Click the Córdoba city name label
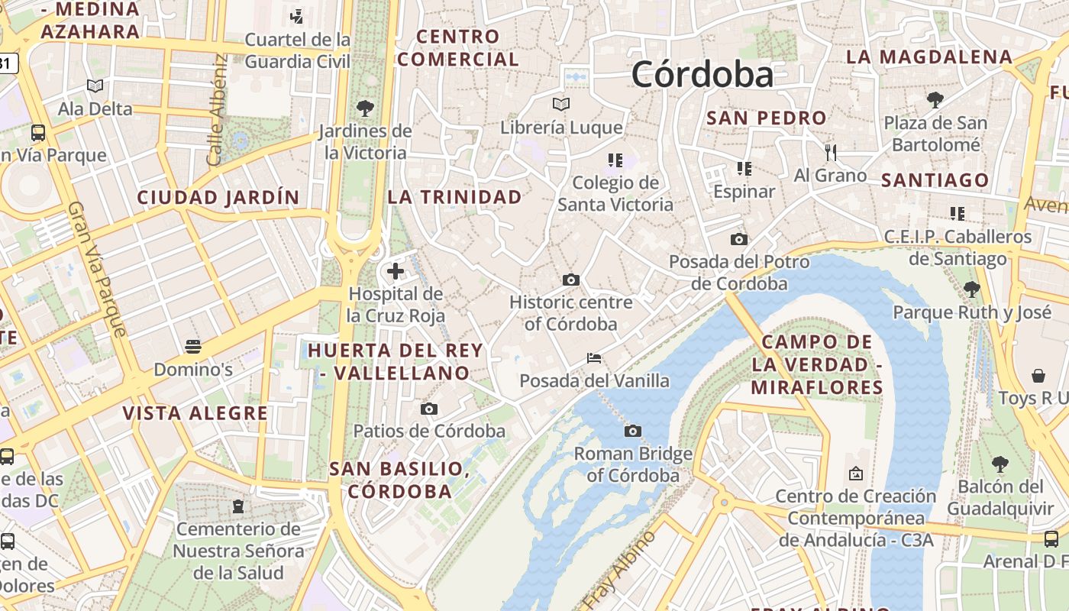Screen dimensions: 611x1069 coord(702,75)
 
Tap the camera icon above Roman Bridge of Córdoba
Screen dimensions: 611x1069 coord(632,432)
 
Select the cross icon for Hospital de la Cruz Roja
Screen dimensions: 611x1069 coord(396,270)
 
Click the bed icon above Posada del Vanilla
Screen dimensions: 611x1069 coord(594,357)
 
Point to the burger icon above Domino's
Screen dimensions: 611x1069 coord(193,347)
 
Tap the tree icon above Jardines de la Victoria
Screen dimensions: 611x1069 coord(365,108)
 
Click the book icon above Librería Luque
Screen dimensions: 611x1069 coord(561,104)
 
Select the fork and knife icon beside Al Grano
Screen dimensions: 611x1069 coord(831,152)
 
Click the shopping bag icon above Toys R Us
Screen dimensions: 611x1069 coord(1038,375)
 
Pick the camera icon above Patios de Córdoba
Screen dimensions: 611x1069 coord(429,409)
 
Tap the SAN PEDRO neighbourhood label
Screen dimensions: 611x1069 coord(767,118)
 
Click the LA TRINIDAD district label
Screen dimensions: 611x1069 coord(455,197)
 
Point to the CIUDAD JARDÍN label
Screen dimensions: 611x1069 coord(218,198)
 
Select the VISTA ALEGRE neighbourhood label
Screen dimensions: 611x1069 coord(195,413)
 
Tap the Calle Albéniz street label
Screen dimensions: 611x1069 coord(217,110)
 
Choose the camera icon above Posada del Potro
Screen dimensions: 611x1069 coord(738,239)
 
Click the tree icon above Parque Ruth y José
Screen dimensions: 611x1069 coord(971,289)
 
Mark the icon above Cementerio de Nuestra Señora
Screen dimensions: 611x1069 coord(238,506)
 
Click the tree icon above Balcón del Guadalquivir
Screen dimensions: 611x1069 coord(1000,464)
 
